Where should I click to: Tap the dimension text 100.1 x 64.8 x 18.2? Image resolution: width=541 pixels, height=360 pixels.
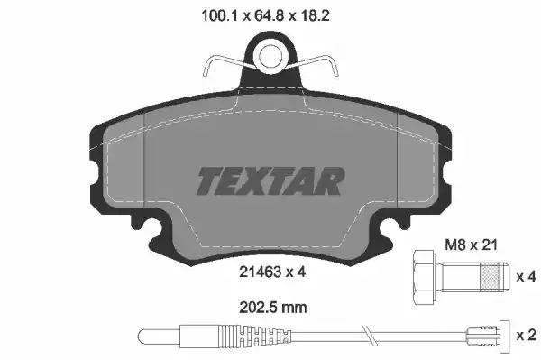270,14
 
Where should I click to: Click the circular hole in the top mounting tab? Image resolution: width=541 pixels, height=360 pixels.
270,57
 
